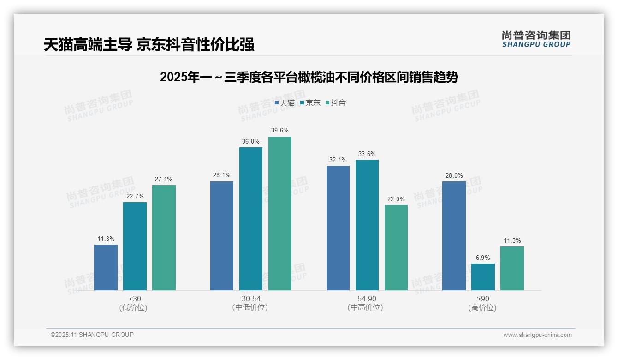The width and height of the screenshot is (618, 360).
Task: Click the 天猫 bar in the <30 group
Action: coord(106,267)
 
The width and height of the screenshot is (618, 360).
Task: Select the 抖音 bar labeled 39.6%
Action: coord(280,213)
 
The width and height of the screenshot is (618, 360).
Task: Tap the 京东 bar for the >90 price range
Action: coord(483,277)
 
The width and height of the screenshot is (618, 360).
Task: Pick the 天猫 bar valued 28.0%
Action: coord(454,236)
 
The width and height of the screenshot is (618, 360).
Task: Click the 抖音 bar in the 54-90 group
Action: coord(396,247)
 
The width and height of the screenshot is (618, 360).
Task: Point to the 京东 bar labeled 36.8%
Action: coord(251,219)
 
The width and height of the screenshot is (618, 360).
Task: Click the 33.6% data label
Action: coord(367,154)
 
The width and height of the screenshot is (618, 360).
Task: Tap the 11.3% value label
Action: coord(512,241)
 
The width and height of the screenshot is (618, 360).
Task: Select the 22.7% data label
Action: coord(135,197)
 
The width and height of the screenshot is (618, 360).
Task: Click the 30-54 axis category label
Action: coord(250,299)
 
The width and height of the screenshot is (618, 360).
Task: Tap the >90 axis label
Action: coord(483,299)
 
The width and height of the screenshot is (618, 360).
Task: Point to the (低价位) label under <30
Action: coord(134,308)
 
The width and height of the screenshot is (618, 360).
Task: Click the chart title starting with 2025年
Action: coord(309,78)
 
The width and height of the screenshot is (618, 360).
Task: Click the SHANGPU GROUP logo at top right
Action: coord(536,39)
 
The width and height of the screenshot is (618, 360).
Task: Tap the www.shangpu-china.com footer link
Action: coord(537,335)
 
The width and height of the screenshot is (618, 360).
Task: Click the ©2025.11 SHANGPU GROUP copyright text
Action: coord(92,335)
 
